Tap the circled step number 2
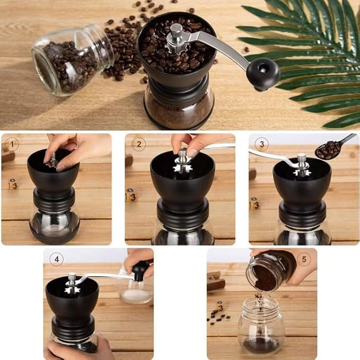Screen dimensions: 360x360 tap(138, 144)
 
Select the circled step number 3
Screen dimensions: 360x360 tap(261, 144)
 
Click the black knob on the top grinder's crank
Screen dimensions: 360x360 tap(263, 73)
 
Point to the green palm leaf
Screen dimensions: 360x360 tap(308, 58)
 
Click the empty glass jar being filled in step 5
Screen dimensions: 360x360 tap(261, 326)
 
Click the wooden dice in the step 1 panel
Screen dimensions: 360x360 tap(13, 184)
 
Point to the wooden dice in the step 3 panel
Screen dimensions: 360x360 tap(255, 203)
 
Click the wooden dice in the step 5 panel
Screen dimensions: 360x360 tap(219, 306)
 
